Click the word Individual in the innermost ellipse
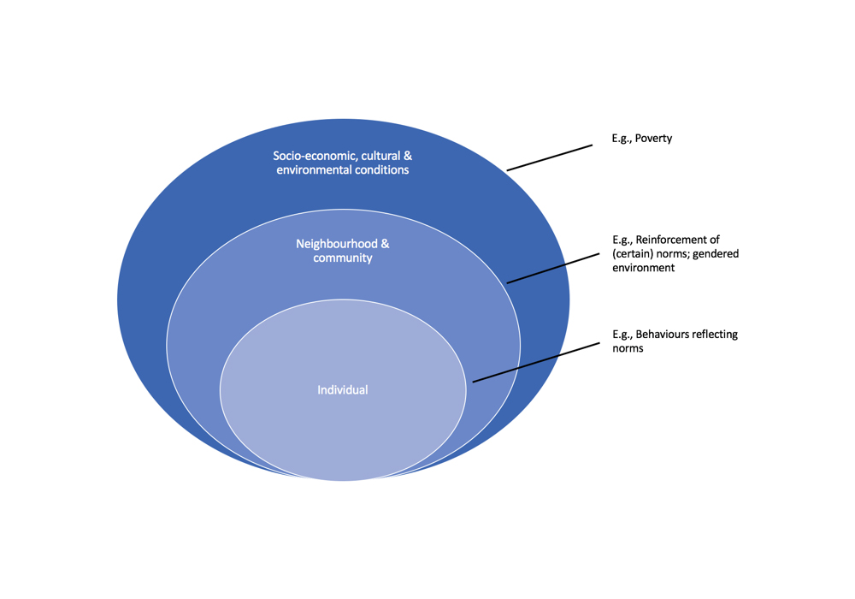click(343, 390)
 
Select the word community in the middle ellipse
click(343, 258)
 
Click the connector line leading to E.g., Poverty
click(550, 157)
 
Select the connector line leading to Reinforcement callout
click(550, 268)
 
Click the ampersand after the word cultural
click(408, 156)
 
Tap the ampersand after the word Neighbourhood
click(385, 244)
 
